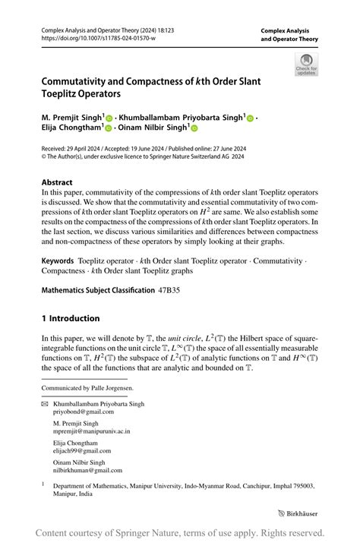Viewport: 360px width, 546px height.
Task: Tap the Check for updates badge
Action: (305, 65)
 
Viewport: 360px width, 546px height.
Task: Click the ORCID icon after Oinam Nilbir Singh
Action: (194, 129)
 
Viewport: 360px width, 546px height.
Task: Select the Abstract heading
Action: (57, 183)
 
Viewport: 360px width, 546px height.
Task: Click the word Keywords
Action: (58, 260)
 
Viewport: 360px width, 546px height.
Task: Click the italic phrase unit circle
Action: (186, 337)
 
